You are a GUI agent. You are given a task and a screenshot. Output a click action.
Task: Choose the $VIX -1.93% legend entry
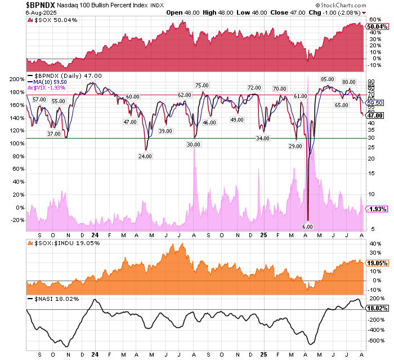click(50, 87)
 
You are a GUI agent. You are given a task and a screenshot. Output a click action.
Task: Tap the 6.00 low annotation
click(307, 226)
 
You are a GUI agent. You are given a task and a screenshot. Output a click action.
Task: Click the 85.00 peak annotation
click(328, 79)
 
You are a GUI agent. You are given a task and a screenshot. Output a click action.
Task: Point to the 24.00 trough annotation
click(145, 156)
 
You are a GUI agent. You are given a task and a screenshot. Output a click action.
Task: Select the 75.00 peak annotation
click(202, 85)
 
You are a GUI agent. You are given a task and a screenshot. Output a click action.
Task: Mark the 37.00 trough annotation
click(53, 134)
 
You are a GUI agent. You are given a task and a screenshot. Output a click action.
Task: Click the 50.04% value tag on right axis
click(377, 26)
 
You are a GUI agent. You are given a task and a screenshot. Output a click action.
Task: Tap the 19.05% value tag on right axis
click(377, 263)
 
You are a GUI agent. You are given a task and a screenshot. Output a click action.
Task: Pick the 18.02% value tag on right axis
click(377, 308)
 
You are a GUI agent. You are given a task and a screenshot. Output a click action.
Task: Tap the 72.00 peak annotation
click(254, 87)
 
